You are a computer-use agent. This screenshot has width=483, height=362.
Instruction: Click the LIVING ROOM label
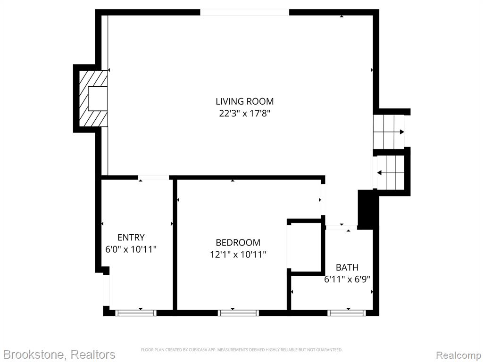[x=245, y=101]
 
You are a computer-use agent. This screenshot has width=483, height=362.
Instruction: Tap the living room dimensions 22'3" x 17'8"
[x=245, y=114]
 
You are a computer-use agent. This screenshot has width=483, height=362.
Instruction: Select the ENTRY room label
[x=131, y=238]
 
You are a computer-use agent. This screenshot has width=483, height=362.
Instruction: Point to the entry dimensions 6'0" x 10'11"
[x=131, y=249]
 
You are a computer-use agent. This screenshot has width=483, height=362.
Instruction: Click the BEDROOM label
[x=238, y=243]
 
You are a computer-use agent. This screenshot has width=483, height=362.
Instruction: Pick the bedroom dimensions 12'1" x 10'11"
[x=238, y=255]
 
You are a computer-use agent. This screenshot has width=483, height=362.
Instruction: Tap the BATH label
[x=347, y=267]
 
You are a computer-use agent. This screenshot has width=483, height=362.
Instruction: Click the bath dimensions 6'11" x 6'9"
[x=347, y=280]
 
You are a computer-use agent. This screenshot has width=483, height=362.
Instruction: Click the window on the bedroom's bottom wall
[x=238, y=313]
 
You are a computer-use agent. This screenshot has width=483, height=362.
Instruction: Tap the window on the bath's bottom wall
[x=347, y=313]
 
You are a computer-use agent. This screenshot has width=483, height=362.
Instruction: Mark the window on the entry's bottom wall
[x=136, y=313]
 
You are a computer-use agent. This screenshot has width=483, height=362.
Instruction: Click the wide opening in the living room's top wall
[x=245, y=12]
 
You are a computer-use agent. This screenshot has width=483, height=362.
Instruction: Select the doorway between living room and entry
[x=153, y=178]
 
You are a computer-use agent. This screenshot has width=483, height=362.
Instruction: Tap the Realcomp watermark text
[x=458, y=355]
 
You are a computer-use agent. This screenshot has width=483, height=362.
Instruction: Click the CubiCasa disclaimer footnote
[x=241, y=350]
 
